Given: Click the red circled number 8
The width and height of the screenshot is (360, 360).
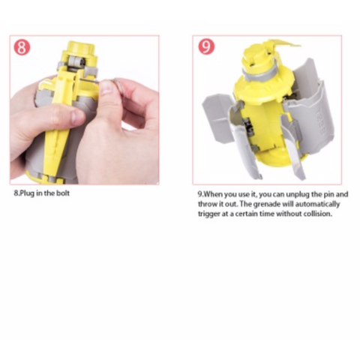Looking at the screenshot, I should click(22, 47).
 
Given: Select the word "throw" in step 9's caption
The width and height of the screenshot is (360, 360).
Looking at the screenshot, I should click(209, 203).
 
